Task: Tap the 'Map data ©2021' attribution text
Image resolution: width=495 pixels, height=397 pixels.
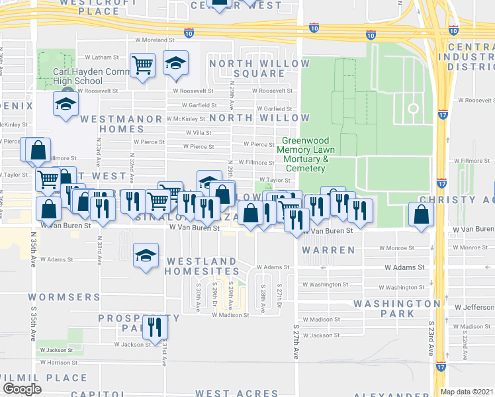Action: pos(467,392)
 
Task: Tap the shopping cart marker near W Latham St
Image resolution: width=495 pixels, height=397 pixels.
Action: pos(143,65)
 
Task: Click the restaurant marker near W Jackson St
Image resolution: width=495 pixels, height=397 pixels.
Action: pos(156,326)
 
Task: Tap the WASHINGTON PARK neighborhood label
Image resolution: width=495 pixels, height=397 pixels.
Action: pos(392,308)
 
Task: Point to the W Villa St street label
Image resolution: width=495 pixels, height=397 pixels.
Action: pos(199,132)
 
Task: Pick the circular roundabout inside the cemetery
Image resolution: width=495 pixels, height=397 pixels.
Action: pos(413,109)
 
